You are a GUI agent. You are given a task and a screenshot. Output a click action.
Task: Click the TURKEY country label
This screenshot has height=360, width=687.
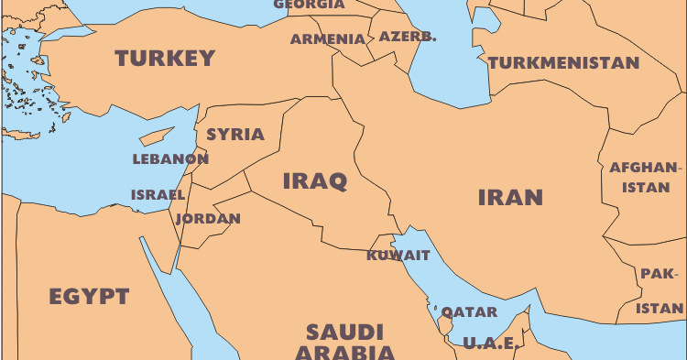165,59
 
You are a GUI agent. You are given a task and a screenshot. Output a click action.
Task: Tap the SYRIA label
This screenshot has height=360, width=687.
234,135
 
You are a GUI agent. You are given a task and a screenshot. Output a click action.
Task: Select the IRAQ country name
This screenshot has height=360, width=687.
314,180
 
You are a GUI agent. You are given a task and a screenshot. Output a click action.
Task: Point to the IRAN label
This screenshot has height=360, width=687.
510,197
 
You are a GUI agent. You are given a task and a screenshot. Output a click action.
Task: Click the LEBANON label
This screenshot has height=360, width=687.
170,158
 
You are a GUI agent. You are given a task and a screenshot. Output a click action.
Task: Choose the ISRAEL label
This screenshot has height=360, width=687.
158,195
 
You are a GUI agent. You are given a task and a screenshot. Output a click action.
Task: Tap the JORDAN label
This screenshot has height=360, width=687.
208,219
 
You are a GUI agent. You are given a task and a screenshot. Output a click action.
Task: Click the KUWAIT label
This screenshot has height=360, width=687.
398,256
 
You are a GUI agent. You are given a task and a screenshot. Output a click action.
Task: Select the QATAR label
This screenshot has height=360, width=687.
470,311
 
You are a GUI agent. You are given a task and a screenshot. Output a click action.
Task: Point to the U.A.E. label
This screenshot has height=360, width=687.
490,344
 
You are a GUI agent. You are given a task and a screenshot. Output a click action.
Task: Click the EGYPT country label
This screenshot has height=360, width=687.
89,297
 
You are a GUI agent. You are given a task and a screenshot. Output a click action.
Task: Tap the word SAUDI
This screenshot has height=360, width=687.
344,332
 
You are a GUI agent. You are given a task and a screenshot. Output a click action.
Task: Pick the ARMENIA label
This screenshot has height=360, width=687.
327,39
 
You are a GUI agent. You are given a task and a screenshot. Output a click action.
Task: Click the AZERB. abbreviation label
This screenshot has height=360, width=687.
408,38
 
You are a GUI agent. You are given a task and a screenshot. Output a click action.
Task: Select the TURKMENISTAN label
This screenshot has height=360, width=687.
563,63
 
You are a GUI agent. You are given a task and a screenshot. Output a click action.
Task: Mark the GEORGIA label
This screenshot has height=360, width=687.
309,5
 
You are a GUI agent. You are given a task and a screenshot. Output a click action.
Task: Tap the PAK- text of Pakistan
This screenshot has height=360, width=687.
660,274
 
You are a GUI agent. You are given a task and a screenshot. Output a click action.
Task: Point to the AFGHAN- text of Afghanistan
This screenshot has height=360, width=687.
647,168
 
